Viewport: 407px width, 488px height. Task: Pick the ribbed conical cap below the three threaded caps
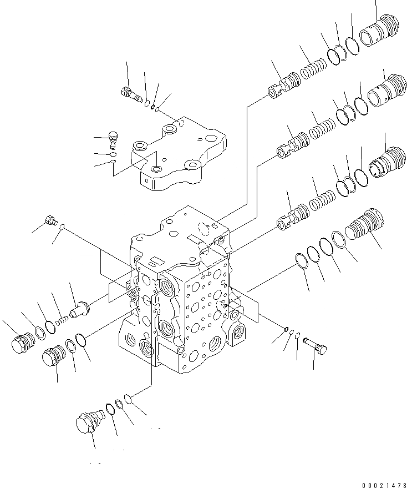tap(363, 225)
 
